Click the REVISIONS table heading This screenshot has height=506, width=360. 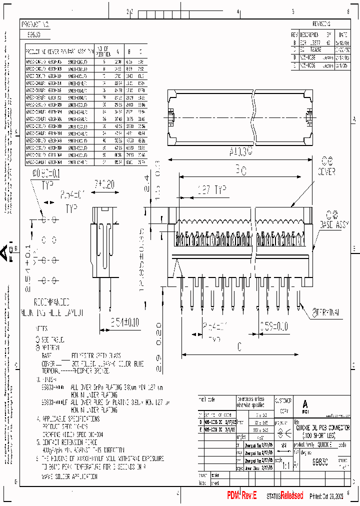click(321, 24)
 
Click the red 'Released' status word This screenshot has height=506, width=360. click(291, 495)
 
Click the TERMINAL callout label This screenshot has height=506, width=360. click(328, 312)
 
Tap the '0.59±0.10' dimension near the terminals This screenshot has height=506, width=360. click(273, 326)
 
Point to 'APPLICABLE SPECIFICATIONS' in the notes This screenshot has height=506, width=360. click(71, 418)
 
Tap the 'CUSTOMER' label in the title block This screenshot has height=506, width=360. click(283, 400)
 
